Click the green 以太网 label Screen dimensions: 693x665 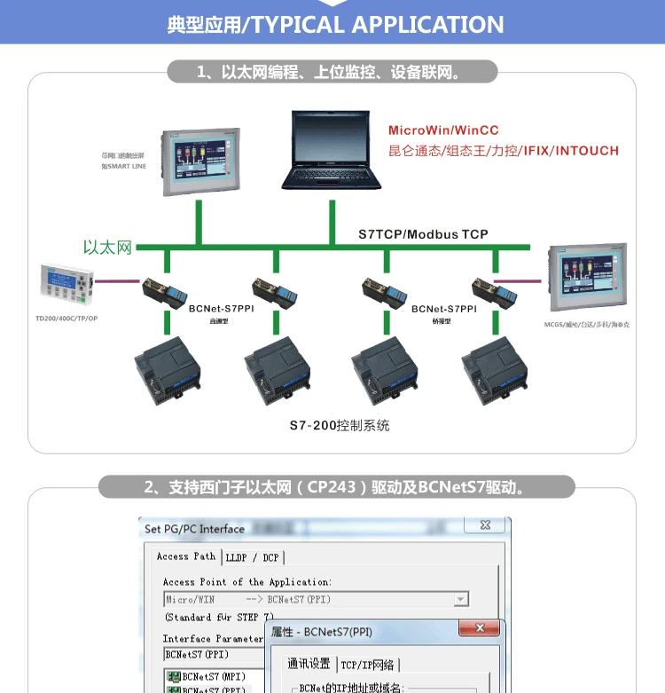[x=107, y=248]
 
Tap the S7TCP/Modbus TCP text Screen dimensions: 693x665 [x=423, y=234]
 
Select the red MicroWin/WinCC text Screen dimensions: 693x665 [x=443, y=130]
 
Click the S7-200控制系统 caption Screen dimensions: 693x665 [x=339, y=426]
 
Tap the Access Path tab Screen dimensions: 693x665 [x=185, y=556]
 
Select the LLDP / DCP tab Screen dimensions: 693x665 [x=253, y=557]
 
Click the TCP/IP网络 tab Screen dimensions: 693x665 [x=369, y=665]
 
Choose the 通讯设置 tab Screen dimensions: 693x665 [x=309, y=665]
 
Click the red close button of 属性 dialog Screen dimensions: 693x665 [x=481, y=629]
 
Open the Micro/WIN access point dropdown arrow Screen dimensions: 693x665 [x=460, y=600]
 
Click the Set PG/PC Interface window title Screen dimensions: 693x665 [x=194, y=529]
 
